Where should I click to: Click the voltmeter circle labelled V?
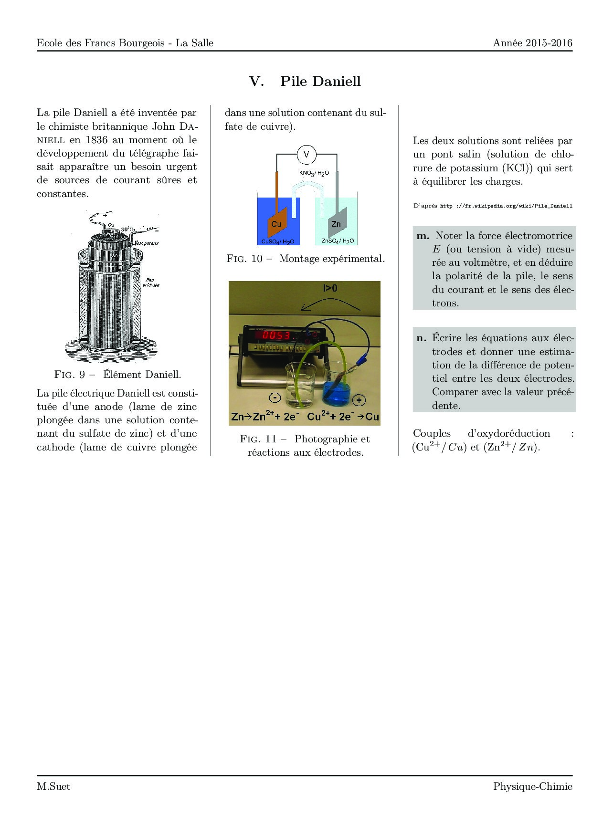[307, 154]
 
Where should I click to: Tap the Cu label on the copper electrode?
[276, 224]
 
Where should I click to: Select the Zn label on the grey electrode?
[336, 224]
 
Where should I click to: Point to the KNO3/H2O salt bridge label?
[314, 173]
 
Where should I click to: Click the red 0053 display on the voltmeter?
[276, 335]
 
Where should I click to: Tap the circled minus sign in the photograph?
[275, 397]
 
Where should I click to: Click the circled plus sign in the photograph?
[359, 400]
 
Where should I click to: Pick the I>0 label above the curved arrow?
[330, 288]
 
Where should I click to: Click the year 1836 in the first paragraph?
[97, 140]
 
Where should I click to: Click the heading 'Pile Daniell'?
[320, 81]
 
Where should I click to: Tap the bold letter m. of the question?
[423, 235]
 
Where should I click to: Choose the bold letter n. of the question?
[422, 338]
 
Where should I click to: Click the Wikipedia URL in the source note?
[506, 206]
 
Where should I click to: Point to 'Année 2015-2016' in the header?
[532, 43]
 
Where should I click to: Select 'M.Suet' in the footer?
[53, 786]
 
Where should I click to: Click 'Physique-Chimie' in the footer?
[532, 786]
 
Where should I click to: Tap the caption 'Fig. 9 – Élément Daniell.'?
[117, 375]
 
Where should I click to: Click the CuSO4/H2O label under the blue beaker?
[277, 241]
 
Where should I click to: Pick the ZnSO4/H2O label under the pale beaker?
[338, 241]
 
